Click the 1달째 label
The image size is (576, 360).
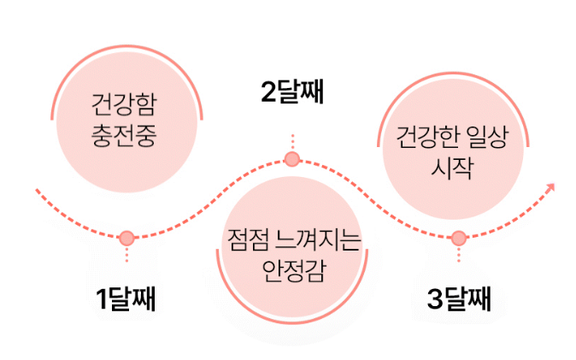(x=126, y=299)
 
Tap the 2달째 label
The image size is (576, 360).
(x=292, y=93)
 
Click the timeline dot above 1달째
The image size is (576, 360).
(x=126, y=237)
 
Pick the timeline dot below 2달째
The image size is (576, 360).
(x=292, y=159)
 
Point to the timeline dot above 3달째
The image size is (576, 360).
(x=458, y=237)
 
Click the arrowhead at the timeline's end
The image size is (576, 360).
(x=551, y=186)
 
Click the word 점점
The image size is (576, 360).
(x=246, y=243)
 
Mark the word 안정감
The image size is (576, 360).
(x=292, y=271)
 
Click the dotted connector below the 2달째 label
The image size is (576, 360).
(x=292, y=142)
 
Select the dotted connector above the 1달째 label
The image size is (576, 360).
(x=126, y=255)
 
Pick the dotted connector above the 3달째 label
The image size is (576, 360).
(x=458, y=255)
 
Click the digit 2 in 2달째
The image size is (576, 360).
(x=268, y=93)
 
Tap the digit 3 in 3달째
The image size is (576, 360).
(x=434, y=299)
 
